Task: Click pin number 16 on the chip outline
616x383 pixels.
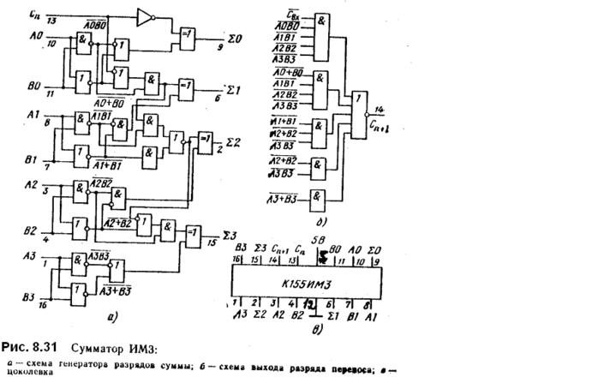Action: pyautogui.click(x=237, y=258)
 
